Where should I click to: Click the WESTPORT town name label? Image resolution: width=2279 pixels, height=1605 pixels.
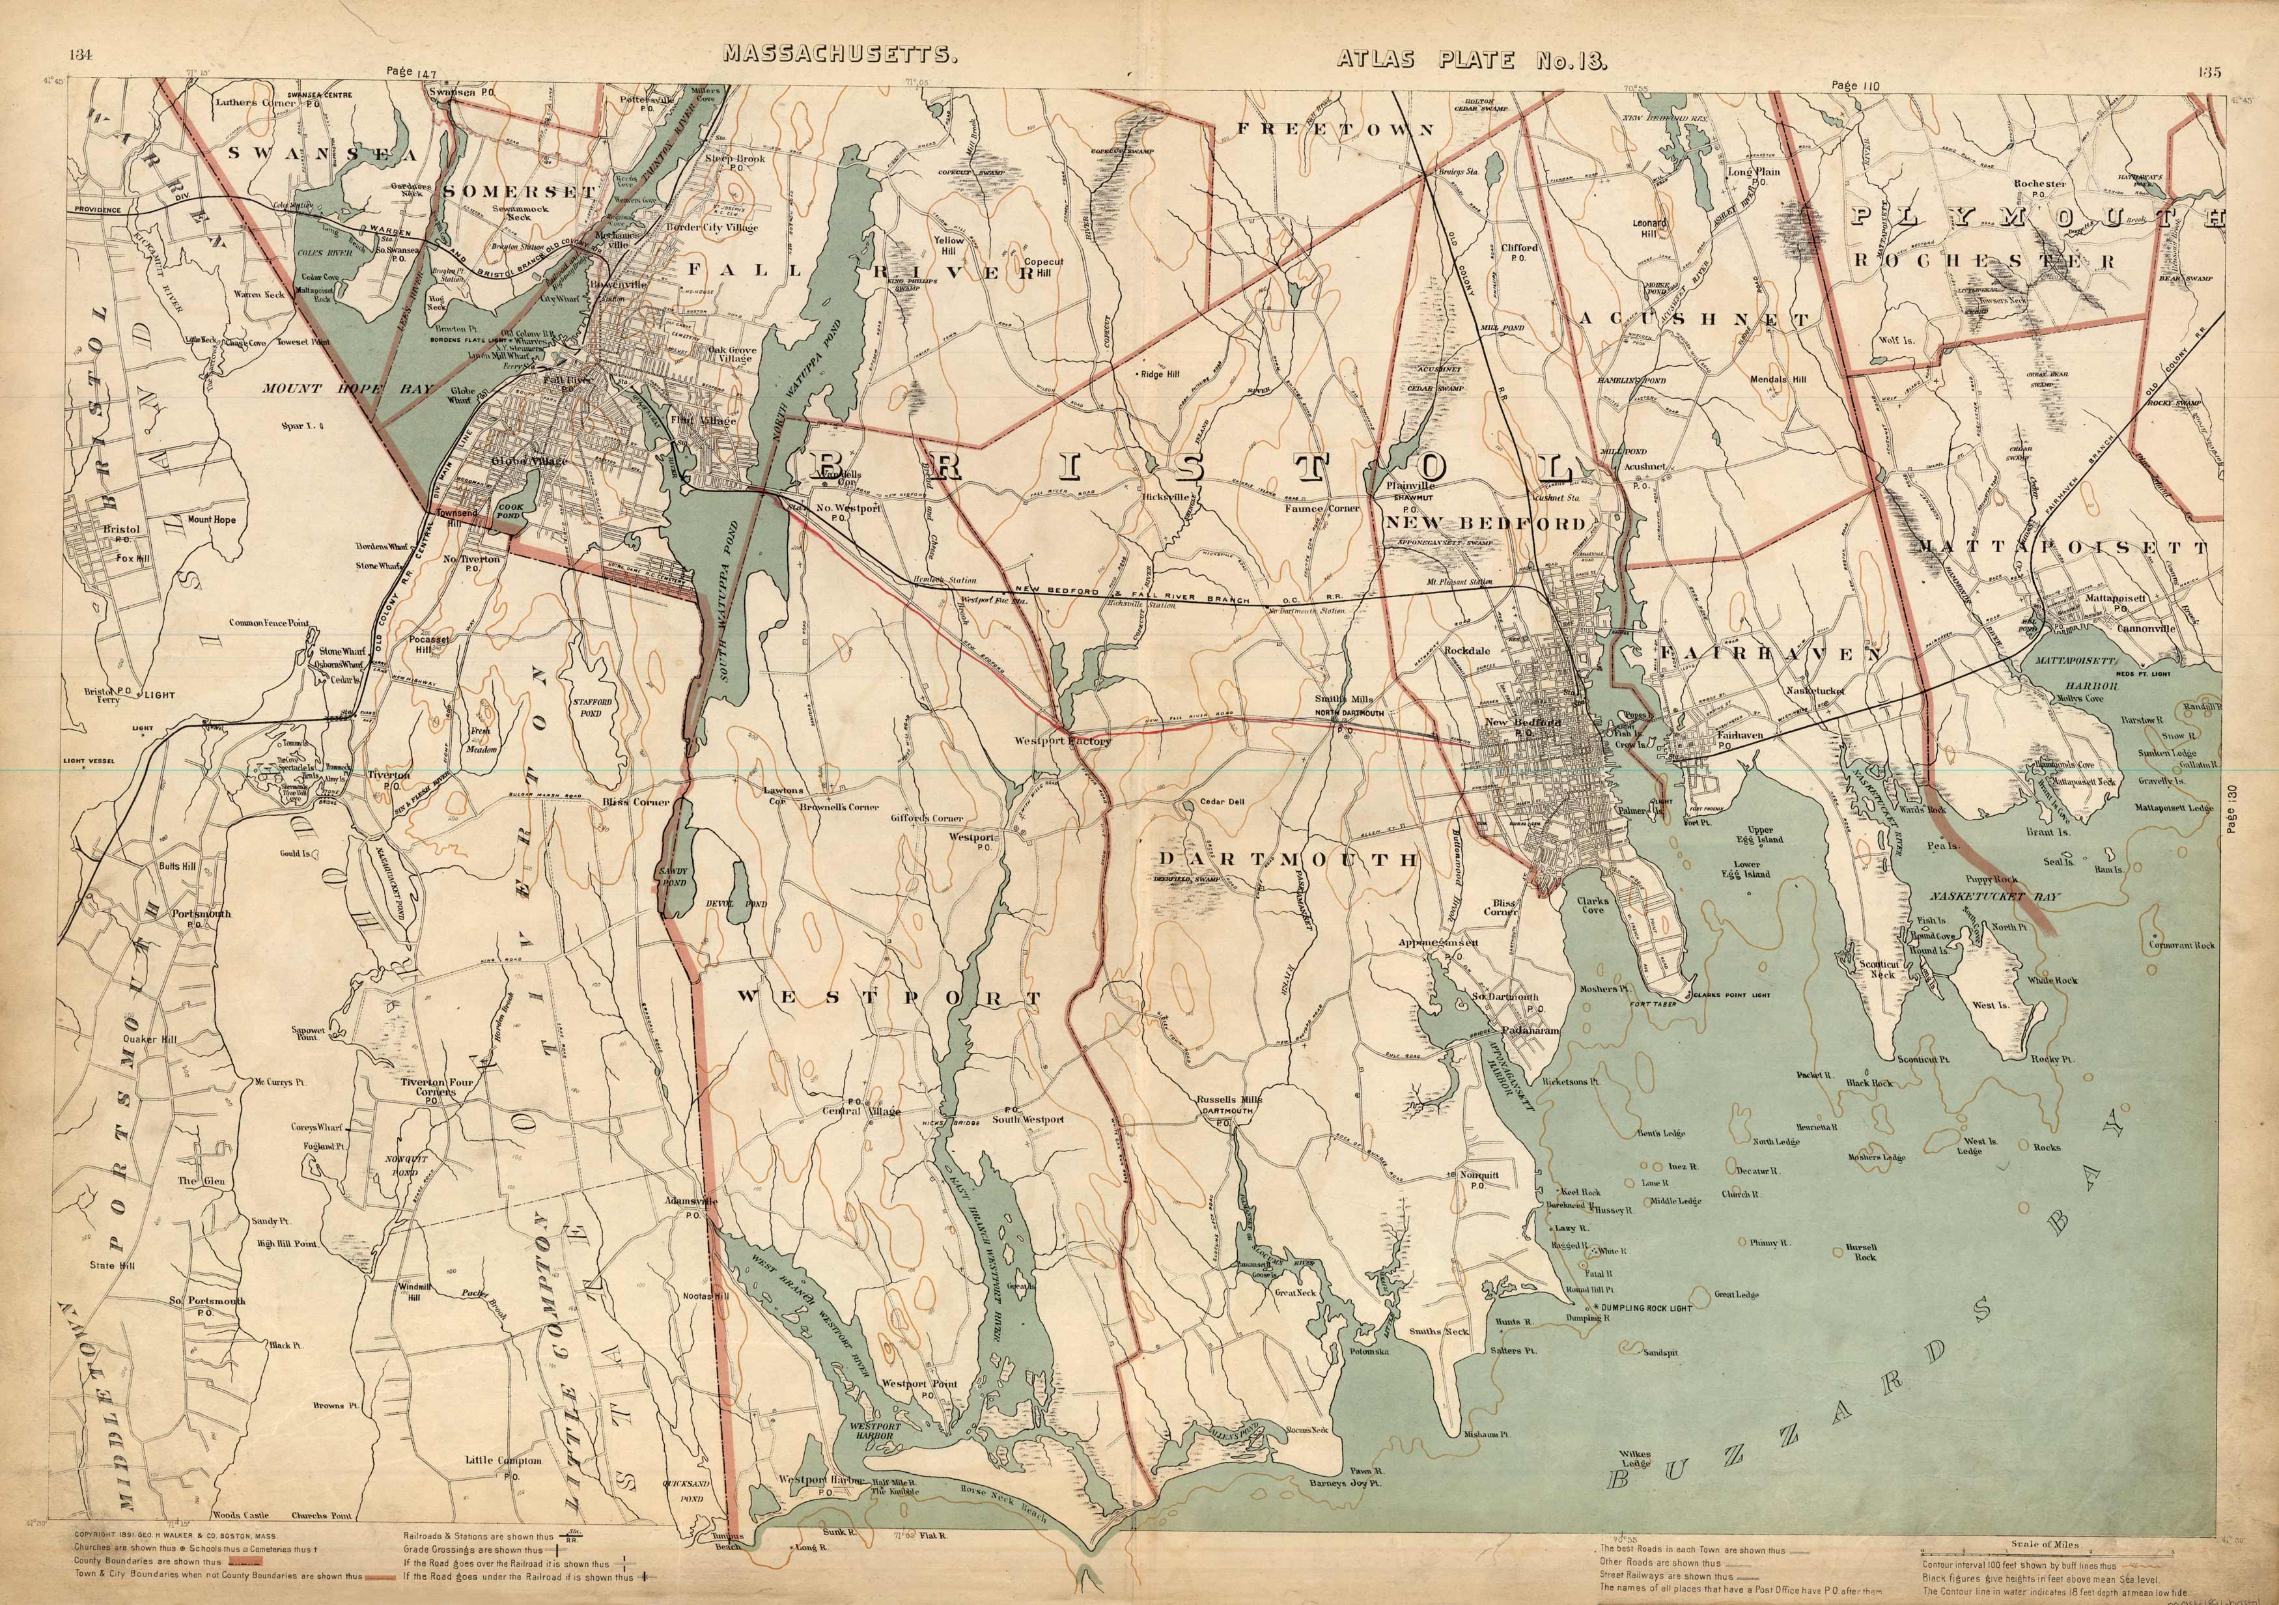pos(892,998)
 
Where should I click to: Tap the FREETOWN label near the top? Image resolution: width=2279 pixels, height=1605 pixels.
pos(1335,129)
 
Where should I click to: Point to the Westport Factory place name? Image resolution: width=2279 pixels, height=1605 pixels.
pos(1062,740)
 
